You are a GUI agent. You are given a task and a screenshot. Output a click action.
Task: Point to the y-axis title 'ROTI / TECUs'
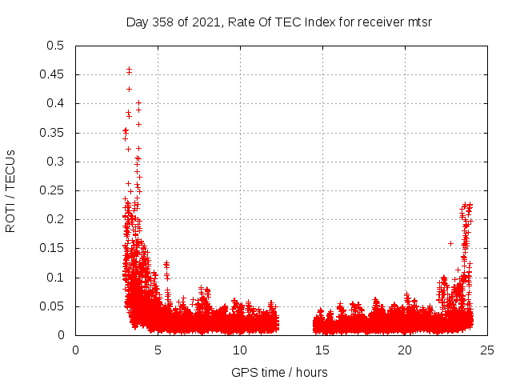[10, 190]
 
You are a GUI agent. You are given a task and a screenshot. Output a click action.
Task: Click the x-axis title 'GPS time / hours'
[279, 372]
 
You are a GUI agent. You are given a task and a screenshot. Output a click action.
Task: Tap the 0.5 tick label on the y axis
[54, 46]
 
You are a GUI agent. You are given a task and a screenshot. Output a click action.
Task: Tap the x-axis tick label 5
[158, 350]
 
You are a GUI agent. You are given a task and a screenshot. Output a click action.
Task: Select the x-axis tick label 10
[240, 350]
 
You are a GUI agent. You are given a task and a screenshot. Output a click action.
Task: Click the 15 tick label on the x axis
[322, 350]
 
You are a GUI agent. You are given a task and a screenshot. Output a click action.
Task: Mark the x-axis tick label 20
[405, 350]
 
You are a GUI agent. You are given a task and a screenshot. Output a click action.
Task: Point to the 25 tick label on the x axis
[487, 350]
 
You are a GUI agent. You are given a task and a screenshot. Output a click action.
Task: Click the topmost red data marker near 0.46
[129, 69]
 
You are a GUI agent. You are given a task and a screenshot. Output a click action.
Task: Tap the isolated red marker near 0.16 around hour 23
[450, 243]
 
